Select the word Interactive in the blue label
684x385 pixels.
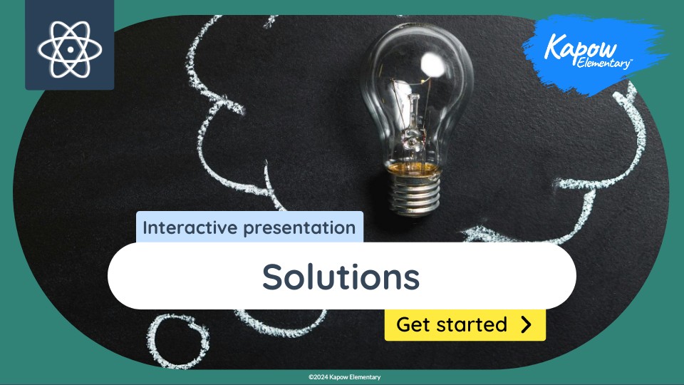coord(187,228)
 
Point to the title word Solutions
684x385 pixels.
coord(341,276)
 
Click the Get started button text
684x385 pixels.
coord(451,324)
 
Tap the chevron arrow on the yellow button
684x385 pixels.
coord(526,324)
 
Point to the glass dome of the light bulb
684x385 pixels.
coord(420,78)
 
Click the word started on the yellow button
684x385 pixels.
coord(474,324)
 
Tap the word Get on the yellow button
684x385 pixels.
coord(412,324)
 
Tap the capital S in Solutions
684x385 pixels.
coord(272,276)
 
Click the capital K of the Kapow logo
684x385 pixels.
coord(554,47)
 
